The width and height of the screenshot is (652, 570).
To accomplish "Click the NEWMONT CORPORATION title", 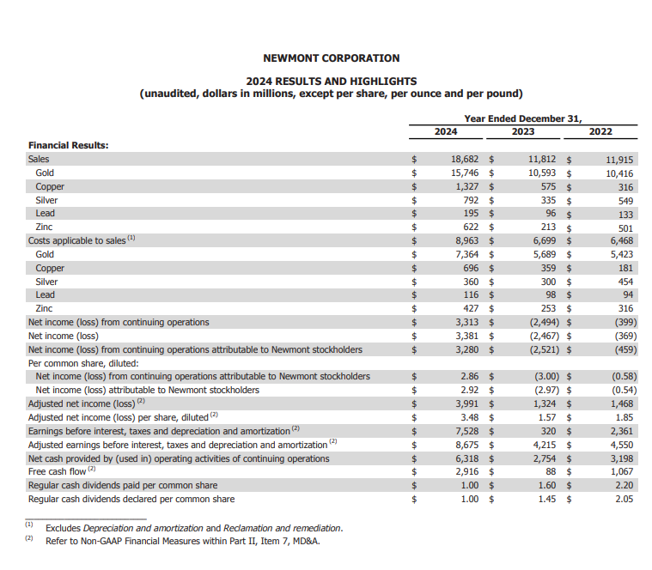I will pyautogui.click(x=331, y=58).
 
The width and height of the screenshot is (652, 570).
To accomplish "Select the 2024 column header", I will pyautogui.click(x=445, y=131).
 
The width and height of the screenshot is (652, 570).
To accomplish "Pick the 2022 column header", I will pyautogui.click(x=600, y=131).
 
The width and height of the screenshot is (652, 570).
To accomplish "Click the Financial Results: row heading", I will pyautogui.click(x=69, y=145).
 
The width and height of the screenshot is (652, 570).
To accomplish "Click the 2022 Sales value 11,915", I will pyautogui.click(x=618, y=160).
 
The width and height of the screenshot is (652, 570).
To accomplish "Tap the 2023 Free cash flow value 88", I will pyautogui.click(x=550, y=472).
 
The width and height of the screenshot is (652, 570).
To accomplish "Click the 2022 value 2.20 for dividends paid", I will pyautogui.click(x=624, y=486).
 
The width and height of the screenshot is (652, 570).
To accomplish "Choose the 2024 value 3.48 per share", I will pyautogui.click(x=470, y=417).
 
